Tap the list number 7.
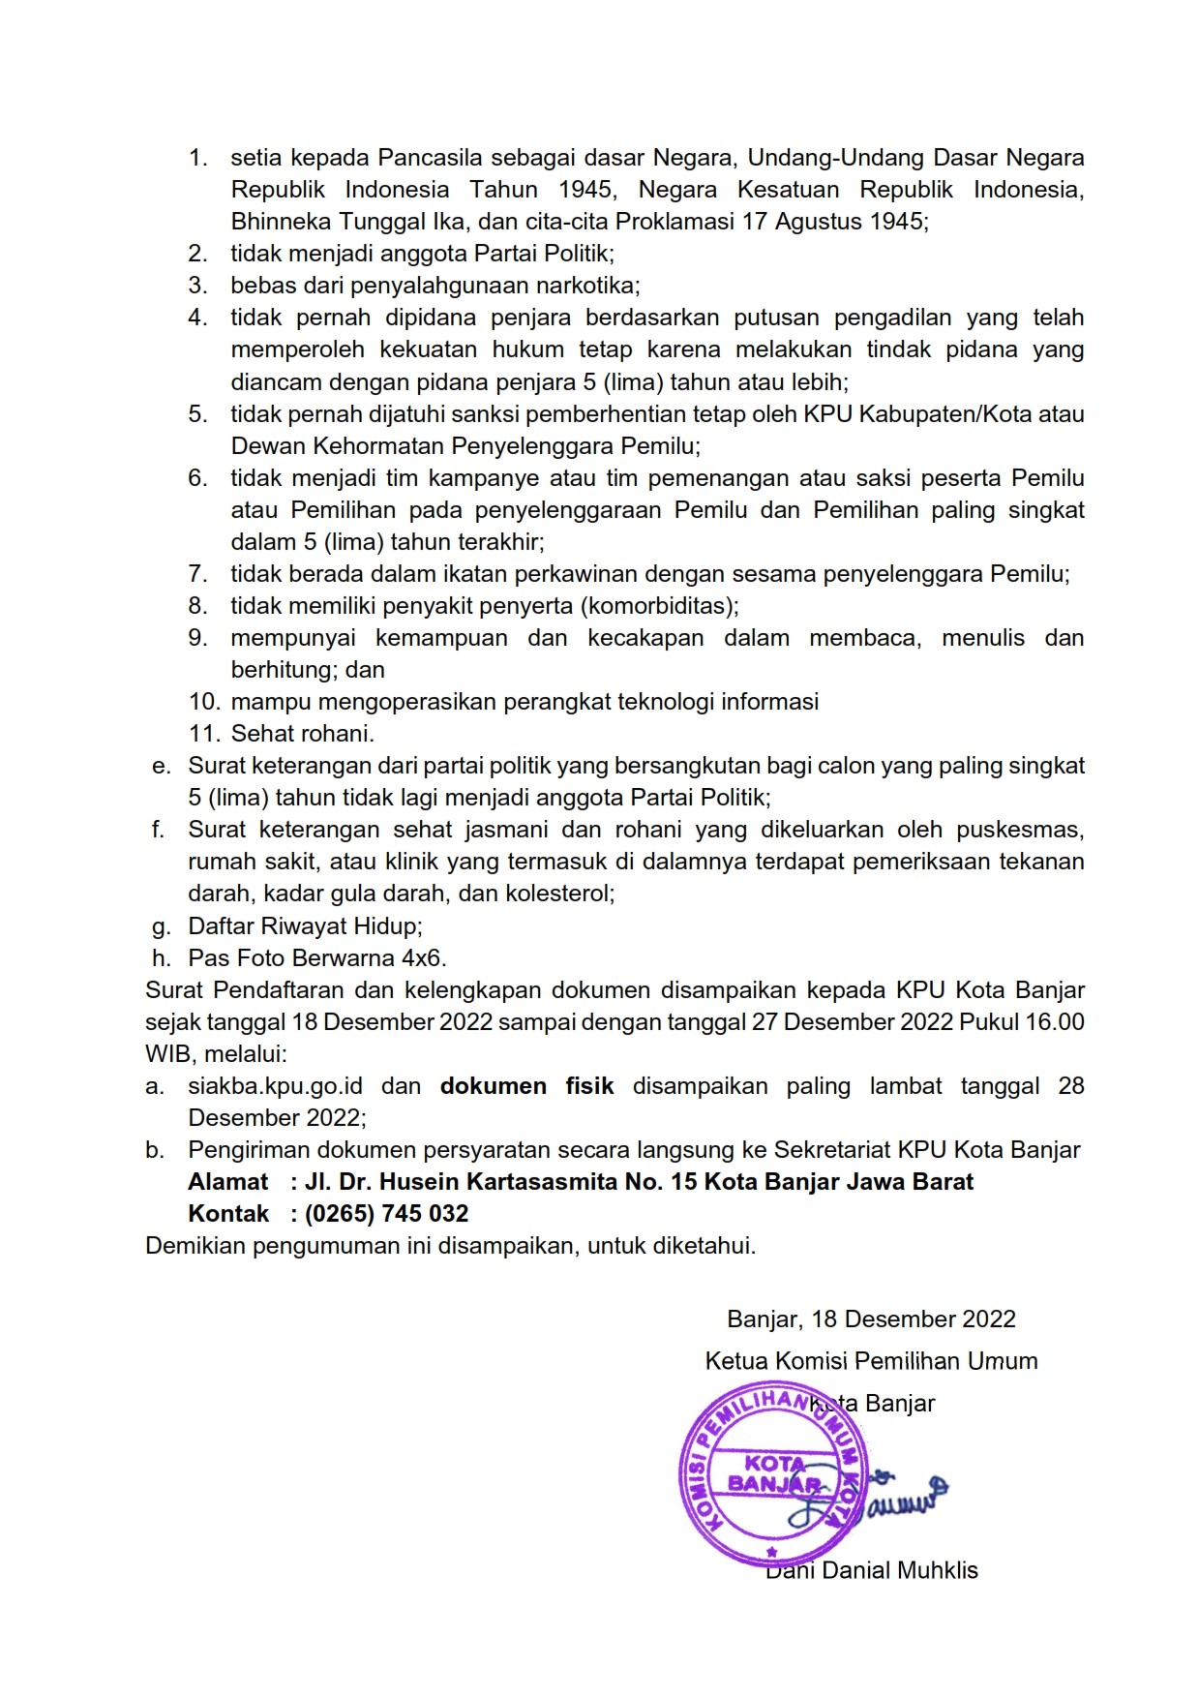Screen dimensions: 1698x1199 click(197, 574)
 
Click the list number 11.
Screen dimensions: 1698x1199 click(205, 734)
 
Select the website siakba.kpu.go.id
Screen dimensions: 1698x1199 click(275, 1086)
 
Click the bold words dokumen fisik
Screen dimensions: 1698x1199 click(526, 1086)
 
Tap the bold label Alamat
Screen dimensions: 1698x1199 click(227, 1182)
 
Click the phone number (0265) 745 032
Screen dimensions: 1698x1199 click(386, 1214)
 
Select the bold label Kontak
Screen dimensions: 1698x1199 click(228, 1214)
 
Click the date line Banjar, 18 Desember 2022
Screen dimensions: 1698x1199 click(871, 1319)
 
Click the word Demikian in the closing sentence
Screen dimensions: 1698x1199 click(195, 1246)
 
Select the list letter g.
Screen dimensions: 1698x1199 click(161, 926)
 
